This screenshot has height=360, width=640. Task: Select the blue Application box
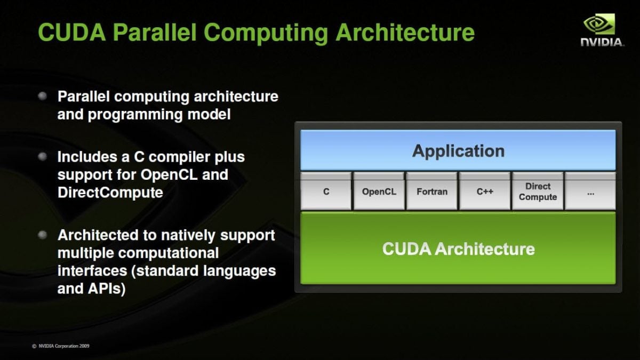(458, 151)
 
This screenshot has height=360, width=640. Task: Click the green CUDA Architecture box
(458, 249)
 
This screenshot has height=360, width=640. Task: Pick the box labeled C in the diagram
(326, 191)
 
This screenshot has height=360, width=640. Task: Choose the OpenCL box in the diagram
(379, 191)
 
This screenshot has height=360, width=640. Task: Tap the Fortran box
(431, 191)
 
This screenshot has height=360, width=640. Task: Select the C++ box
(484, 191)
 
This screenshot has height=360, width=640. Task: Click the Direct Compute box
(537, 191)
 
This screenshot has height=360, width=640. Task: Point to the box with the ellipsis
(590, 191)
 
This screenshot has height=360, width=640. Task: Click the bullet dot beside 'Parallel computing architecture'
(43, 96)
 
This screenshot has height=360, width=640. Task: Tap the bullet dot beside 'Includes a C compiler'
(43, 156)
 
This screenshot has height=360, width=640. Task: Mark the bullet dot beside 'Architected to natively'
(43, 234)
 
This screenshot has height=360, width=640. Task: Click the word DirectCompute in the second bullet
(110, 193)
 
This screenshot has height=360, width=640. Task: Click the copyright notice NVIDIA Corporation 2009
(60, 346)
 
